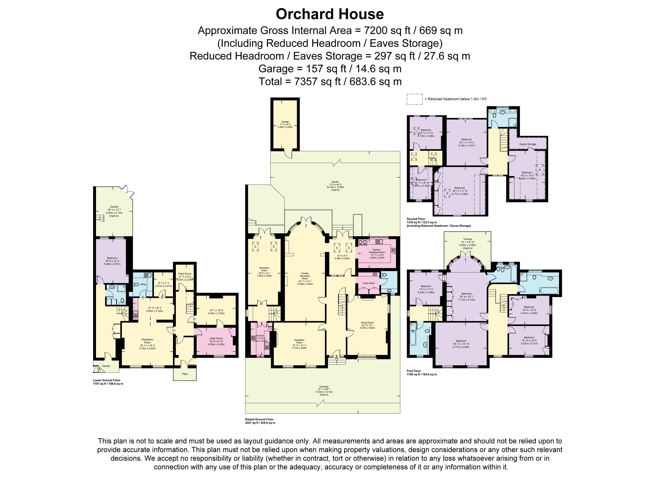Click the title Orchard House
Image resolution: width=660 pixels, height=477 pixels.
pos(330,14)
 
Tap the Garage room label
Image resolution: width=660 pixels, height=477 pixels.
pos(285,122)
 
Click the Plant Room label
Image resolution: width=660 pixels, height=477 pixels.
pos(185,274)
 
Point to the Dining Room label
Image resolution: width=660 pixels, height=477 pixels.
pos(367,322)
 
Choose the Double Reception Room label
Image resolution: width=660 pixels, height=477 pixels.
pos(305,276)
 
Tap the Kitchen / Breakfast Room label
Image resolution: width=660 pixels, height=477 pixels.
pos(377,251)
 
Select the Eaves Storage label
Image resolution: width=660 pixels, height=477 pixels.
pos(528,144)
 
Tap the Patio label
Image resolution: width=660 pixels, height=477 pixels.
pos(185,374)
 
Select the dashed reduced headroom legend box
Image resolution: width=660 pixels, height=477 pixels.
pos(414,99)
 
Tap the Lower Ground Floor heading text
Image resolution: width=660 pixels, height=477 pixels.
pos(107,380)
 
